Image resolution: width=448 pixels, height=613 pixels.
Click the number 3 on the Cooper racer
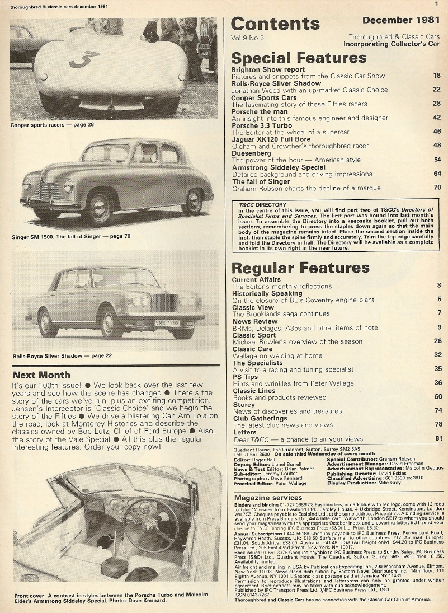84,58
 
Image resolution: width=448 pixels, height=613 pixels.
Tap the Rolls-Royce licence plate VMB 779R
167,323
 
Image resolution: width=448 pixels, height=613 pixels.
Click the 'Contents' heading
275,24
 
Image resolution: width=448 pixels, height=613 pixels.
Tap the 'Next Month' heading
41,375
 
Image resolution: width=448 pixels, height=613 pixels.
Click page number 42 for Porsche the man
437,118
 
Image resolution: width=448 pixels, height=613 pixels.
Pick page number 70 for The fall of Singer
437,188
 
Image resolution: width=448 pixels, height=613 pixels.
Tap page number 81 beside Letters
438,438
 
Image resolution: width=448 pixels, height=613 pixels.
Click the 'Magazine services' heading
268,497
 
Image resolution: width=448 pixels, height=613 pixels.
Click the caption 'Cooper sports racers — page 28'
52,124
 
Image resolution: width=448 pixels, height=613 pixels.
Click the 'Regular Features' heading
300,268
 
